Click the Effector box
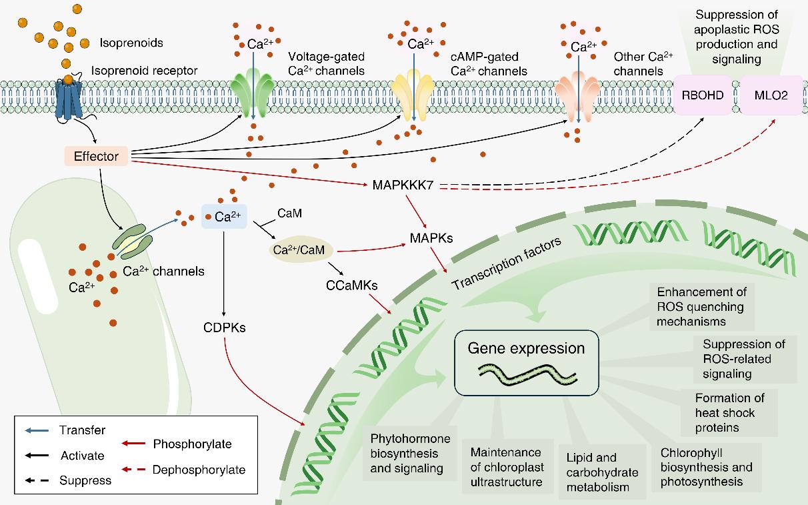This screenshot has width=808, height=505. (x=97, y=157)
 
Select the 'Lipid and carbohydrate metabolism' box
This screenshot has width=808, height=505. (x=602, y=472)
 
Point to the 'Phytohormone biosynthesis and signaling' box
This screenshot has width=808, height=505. (x=410, y=453)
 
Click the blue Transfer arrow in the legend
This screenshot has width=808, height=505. (x=38, y=430)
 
